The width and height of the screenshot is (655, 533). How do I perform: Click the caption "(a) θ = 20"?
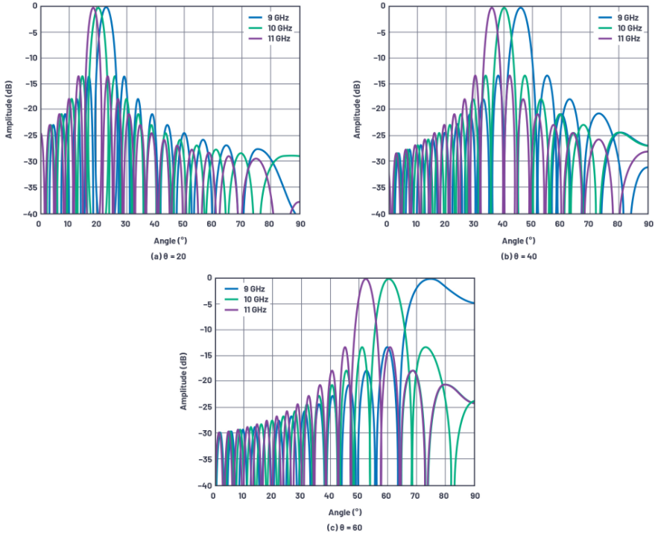point(168,256)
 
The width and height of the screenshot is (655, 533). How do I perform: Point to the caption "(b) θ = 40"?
point(518,256)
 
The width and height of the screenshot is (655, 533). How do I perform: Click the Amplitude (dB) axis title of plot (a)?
point(9,110)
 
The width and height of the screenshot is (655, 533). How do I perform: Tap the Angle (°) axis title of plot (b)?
point(518,241)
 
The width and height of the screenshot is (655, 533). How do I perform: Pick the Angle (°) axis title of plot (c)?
point(344,512)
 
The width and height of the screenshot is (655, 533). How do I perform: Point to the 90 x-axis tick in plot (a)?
point(300,223)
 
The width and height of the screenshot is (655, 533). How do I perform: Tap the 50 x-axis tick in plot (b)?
point(532,223)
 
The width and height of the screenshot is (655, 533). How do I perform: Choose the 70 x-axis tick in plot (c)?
point(417,495)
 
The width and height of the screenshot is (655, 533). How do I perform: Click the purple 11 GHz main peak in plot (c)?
point(365,279)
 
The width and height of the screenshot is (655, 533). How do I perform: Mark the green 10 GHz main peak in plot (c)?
point(388,279)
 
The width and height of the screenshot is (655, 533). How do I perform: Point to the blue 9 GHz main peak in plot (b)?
point(519,8)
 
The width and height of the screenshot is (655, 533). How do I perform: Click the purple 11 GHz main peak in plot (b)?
point(491,8)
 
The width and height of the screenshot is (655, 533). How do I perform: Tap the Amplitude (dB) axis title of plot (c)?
point(183,381)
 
